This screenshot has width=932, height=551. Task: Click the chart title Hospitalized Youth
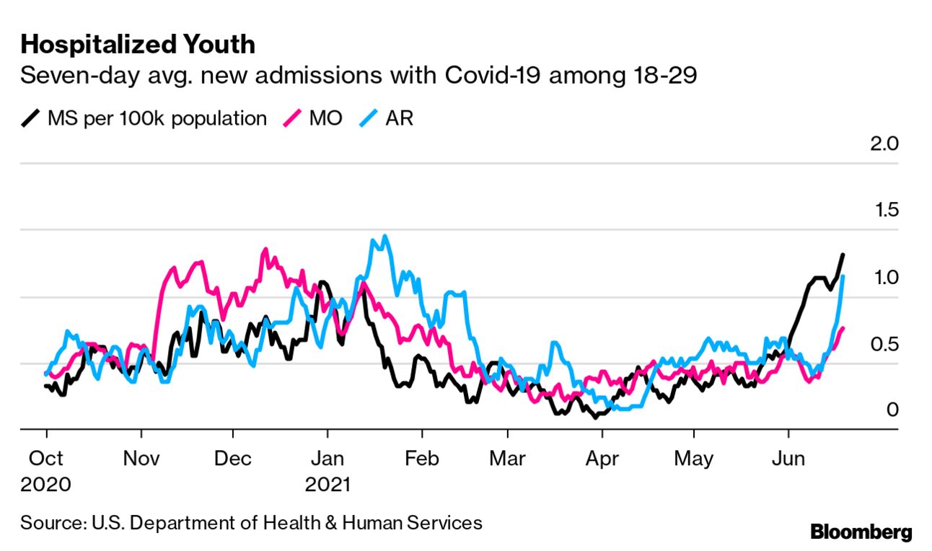click(x=138, y=45)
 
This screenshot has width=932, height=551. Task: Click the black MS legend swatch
click(x=31, y=118)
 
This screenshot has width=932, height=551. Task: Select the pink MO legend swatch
click(x=292, y=118)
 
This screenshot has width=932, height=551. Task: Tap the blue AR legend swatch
click(x=368, y=118)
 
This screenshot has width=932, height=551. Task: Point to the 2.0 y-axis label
click(x=884, y=144)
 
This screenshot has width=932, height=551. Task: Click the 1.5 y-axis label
click(x=884, y=211)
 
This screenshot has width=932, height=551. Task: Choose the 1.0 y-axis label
click(x=884, y=278)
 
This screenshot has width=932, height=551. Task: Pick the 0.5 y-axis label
click(x=884, y=344)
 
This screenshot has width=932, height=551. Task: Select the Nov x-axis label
click(x=141, y=458)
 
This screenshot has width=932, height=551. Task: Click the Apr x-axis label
click(x=601, y=458)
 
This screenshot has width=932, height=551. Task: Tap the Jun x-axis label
click(x=788, y=458)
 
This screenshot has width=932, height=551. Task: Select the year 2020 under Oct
click(x=45, y=483)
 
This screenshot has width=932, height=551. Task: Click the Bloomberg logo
click(x=861, y=533)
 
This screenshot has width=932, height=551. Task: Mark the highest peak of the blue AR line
click(x=385, y=236)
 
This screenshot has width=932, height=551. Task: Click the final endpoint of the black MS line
click(x=843, y=255)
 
